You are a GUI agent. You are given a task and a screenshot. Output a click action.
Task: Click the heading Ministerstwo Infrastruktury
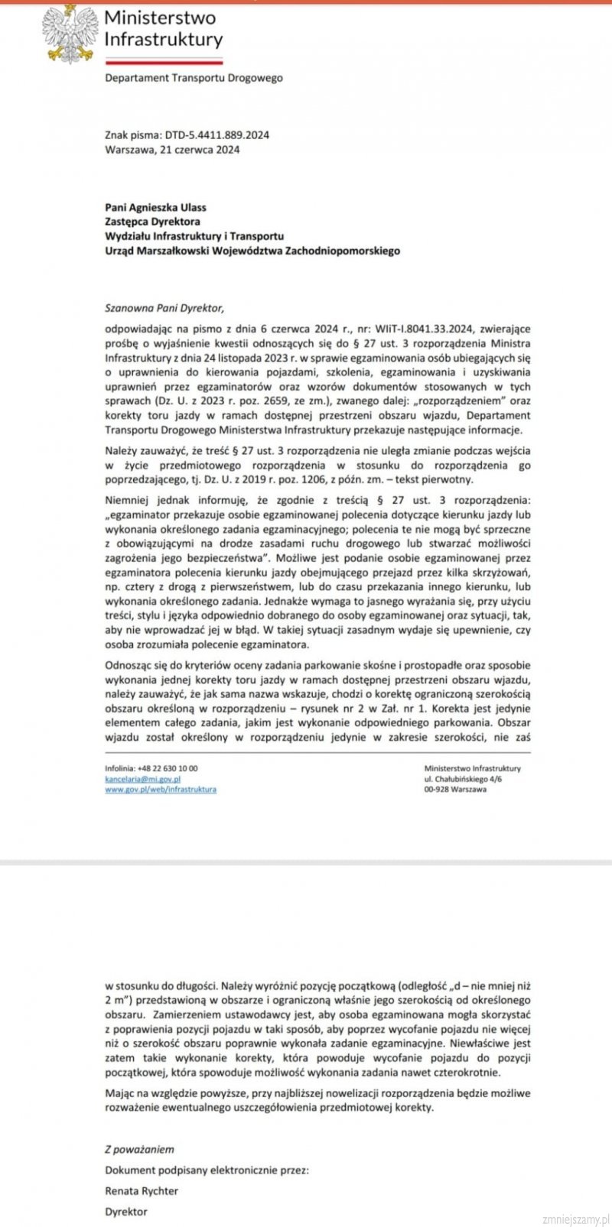point(163,28)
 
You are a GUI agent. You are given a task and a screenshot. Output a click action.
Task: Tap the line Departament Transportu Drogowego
point(194,78)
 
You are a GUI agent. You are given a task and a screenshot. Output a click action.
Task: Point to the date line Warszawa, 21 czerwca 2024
point(172,150)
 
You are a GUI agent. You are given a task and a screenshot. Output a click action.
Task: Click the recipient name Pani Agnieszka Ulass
point(155,207)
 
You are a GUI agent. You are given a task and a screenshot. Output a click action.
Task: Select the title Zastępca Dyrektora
point(152,222)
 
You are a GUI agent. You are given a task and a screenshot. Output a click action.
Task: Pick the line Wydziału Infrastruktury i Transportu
point(194,236)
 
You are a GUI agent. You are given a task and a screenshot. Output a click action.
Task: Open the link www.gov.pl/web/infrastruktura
point(161,789)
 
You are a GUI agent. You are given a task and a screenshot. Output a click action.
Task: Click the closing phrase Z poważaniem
point(139,1149)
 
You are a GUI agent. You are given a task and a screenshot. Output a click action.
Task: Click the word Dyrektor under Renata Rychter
point(126,1211)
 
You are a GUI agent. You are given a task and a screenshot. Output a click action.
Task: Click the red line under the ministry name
point(163,60)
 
